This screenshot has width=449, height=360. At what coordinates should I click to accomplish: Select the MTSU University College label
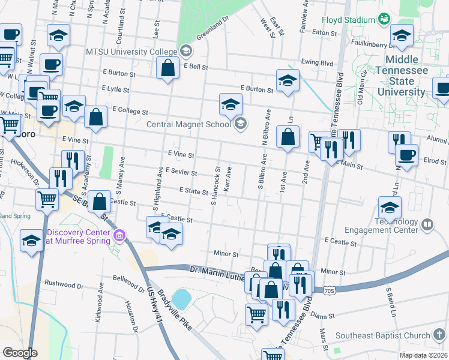click(131, 50)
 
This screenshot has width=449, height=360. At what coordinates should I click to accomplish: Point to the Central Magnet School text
click(188, 124)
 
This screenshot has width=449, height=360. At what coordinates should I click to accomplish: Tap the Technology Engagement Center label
click(381, 226)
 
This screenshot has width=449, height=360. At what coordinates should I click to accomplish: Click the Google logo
click(20, 353)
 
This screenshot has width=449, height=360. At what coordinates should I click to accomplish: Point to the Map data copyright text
click(424, 355)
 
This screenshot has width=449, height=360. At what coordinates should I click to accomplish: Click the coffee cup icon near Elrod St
click(406, 155)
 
